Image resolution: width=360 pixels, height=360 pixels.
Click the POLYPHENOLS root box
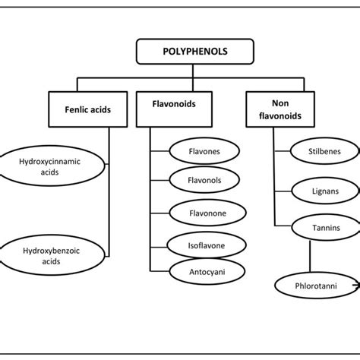180,52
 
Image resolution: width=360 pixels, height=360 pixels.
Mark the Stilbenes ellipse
314,151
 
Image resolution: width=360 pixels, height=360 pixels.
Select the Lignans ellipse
314,191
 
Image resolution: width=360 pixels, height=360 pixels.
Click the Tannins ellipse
314,227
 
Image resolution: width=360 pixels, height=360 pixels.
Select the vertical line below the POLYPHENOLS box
180,70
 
